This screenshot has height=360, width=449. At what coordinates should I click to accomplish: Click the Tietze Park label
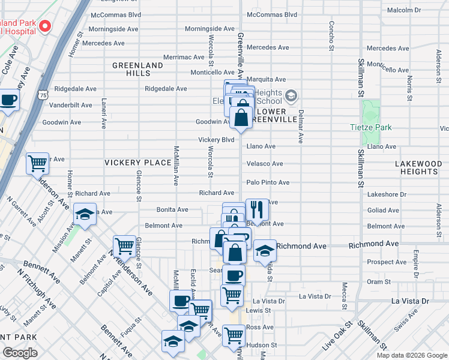coord(370,127)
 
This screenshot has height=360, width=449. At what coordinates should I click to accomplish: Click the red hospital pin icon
coord(45,27)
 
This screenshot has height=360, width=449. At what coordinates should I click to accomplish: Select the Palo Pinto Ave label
coord(268,182)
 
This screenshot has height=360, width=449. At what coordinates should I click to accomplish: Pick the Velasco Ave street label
coord(265,164)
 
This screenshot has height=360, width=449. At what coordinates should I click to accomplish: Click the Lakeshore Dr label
coord(387,195)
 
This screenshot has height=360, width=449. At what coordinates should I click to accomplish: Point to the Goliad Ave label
coord(382,211)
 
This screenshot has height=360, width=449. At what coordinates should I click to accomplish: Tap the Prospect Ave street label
coord(387,262)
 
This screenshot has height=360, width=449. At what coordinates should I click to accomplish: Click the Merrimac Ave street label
coord(184,57)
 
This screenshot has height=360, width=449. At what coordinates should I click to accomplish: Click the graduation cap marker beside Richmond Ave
coord(264,251)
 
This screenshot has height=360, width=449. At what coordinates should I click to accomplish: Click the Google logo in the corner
coord(20,353)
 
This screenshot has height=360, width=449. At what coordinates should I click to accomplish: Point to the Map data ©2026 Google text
coord(412,355)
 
